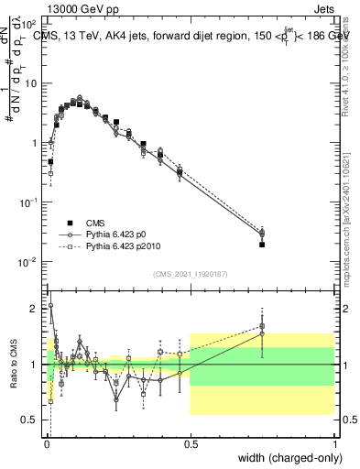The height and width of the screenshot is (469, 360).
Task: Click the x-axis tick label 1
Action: coord(334,444)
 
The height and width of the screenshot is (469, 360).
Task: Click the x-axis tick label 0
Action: coord(47,444)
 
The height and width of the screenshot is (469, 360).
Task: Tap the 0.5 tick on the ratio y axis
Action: coord(33,420)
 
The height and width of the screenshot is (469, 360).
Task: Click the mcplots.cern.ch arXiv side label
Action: coord(347,220)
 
